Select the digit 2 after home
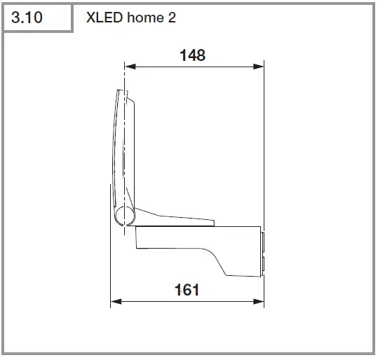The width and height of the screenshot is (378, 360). pyautogui.click(x=172, y=18)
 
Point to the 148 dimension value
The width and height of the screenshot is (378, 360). pyautogui.click(x=192, y=55)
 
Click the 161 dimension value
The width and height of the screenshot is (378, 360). pyautogui.click(x=186, y=289)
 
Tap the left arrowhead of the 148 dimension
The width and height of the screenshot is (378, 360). pyautogui.click(x=128, y=67)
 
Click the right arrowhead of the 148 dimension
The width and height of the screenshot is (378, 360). pyautogui.click(x=260, y=67)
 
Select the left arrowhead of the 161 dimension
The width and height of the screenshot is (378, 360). pyautogui.click(x=115, y=302)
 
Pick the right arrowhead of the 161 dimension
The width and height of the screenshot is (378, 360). pyautogui.click(x=259, y=302)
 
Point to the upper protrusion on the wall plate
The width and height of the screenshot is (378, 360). pyautogui.click(x=264, y=242)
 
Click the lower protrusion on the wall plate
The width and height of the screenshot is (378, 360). pyautogui.click(x=264, y=265)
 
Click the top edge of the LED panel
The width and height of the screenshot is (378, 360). pyautogui.click(x=121, y=92)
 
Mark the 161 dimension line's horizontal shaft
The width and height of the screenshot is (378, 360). pyautogui.click(x=187, y=302)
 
